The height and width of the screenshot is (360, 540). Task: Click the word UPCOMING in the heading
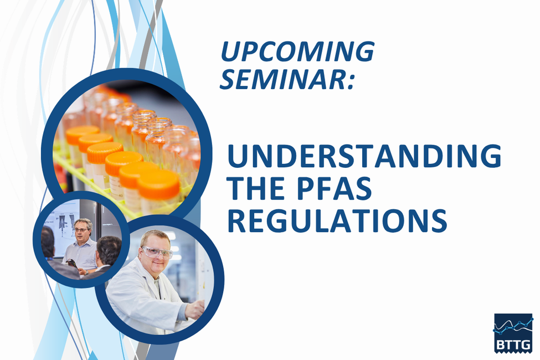coord(297,52)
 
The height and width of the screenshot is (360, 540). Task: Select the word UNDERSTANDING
coord(364,156)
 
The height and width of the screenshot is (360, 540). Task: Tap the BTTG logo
coord(513,333)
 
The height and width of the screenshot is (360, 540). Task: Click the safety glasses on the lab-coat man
coord(157,252)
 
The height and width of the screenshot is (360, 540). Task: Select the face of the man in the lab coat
coord(156,254)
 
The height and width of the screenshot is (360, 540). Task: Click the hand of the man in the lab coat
coord(196,310)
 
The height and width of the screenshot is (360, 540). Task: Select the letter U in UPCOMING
coord(229,52)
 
